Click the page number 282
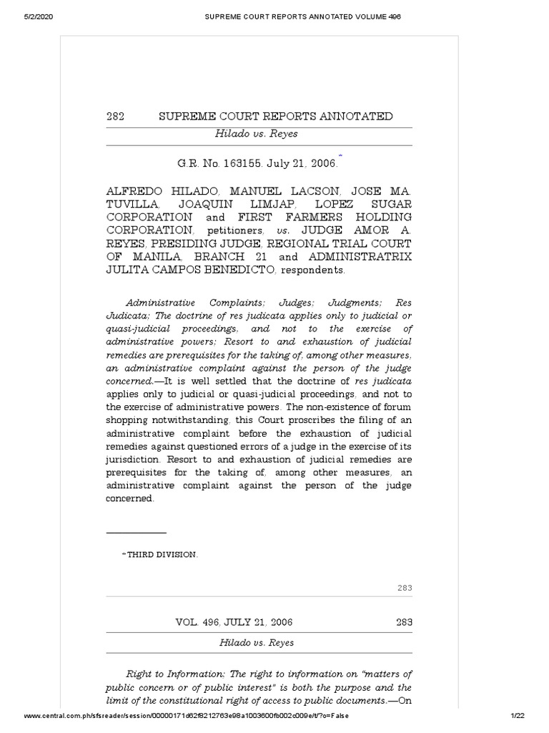click(115, 117)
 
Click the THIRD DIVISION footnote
click(162, 553)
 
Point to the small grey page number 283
click(405, 588)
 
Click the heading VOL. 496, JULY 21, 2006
click(234, 622)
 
